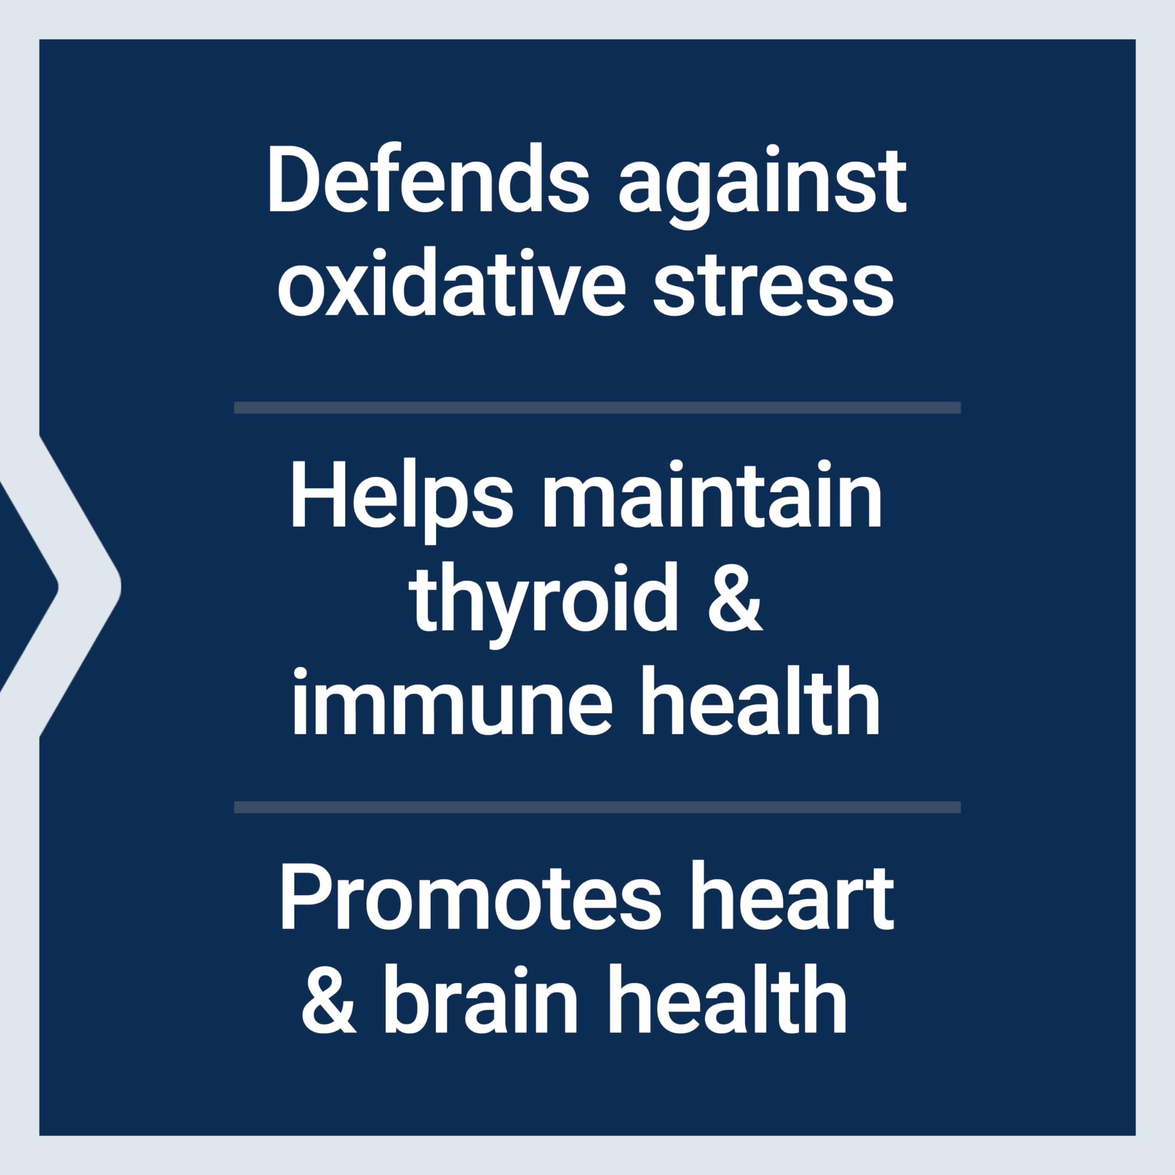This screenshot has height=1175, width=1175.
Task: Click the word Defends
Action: click(428, 179)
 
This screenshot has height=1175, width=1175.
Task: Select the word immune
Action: click(451, 701)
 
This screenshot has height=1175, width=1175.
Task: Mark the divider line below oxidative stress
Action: click(597, 408)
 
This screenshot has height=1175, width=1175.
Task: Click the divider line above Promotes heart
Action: click(597, 807)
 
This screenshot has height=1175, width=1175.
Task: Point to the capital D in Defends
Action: click(294, 179)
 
